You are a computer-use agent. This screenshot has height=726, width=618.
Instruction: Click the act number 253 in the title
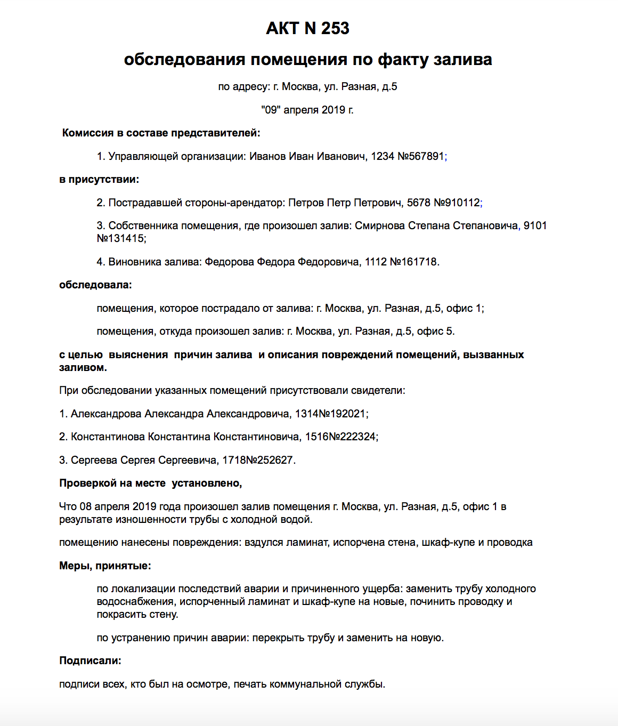pos(335,28)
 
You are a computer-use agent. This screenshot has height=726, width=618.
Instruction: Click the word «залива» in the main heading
pos(462,59)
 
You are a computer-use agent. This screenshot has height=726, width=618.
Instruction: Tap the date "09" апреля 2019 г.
pos(307,110)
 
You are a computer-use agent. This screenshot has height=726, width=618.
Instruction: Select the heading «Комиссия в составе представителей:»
pos(161,133)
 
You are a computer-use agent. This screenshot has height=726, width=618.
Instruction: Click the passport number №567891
pos(421,156)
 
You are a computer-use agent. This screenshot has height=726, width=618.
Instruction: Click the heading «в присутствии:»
pos(99,179)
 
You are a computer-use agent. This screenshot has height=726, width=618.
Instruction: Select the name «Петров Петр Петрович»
pos(345,203)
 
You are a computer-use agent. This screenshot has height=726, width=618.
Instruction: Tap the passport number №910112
pos(457,203)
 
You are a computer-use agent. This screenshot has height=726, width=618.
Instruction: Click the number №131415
pos(120,238)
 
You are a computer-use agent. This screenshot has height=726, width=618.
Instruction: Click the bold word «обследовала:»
pos(95,285)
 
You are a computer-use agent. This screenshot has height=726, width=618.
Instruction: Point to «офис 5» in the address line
pos(435,331)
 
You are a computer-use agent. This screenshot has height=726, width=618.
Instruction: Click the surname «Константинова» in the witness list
pos(108,437)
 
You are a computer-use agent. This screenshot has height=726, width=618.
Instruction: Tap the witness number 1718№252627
pos(258,460)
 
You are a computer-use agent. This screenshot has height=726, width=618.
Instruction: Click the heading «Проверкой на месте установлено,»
pos(150,483)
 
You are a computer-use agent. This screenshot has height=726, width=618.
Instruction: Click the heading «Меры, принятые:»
pos(105,566)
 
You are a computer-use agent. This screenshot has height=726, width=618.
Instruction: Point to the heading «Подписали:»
pos(90,660)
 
